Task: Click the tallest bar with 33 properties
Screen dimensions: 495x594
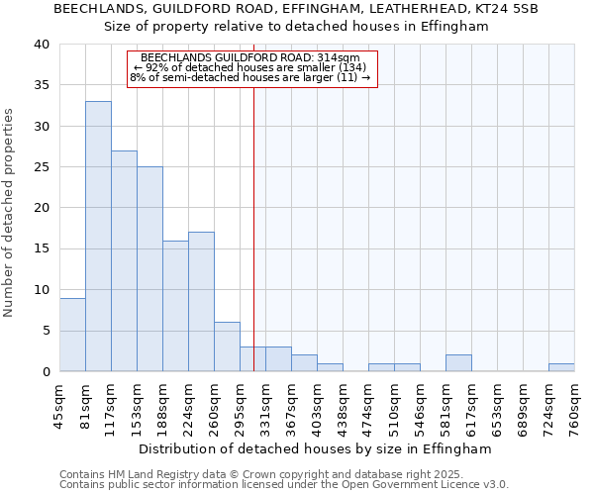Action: click(x=98, y=236)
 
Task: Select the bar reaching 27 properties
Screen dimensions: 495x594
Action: click(x=124, y=260)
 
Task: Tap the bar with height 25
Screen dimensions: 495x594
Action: click(x=149, y=268)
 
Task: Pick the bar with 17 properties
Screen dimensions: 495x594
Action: click(x=201, y=301)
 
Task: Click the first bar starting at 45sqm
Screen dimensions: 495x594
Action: click(x=72, y=335)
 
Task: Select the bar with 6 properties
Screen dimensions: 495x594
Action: click(x=227, y=346)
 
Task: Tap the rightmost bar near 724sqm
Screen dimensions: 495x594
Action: click(x=561, y=367)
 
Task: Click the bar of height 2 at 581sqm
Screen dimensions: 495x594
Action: click(x=458, y=363)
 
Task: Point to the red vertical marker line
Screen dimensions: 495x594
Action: click(x=253, y=228)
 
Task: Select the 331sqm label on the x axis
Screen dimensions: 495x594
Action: click(x=265, y=403)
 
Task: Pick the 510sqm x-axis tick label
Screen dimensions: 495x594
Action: click(x=394, y=403)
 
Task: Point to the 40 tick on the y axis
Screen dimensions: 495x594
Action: click(x=41, y=45)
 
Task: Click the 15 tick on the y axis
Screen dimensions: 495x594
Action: click(x=41, y=248)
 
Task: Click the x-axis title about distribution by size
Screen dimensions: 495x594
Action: click(x=315, y=448)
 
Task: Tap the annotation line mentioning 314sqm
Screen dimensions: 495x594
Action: click(x=251, y=57)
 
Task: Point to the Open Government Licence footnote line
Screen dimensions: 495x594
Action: click(x=284, y=484)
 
